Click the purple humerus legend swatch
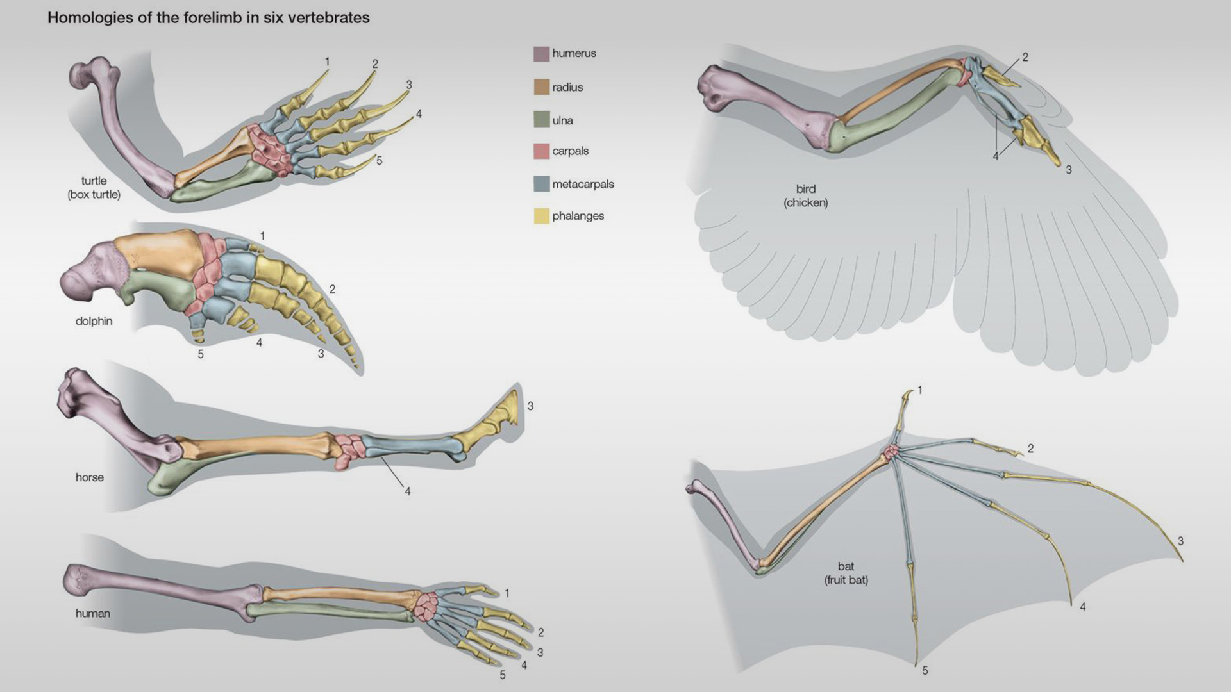click(541, 54)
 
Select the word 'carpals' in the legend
click(570, 151)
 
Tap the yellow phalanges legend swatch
click(541, 216)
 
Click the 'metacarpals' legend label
click(583, 185)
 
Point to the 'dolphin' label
click(94, 321)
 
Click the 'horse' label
click(89, 477)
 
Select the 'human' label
click(92, 613)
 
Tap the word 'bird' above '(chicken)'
click(805, 189)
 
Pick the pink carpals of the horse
click(348, 452)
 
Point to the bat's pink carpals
click(891, 452)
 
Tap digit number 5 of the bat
click(925, 670)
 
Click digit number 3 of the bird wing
click(1068, 170)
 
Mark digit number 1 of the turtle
click(327, 62)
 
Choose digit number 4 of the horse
click(407, 491)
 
